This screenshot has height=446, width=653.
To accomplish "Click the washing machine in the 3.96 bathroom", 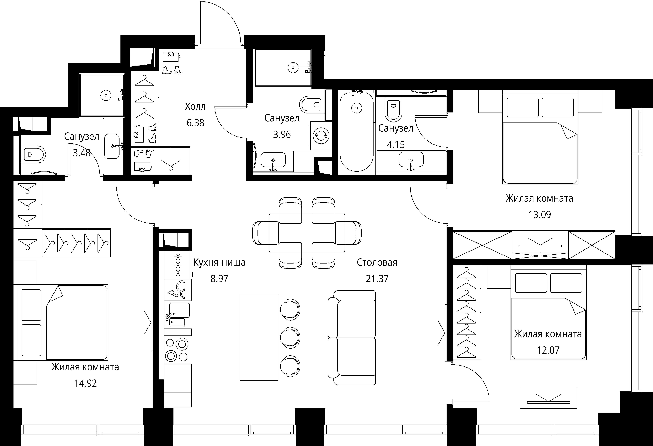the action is tap(321, 136).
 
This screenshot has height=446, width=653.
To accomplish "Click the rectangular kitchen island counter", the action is tap(259, 338).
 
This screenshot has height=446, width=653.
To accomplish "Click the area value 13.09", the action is tap(539, 215).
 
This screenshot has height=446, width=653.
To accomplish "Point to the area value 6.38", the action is tap(195, 123).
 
